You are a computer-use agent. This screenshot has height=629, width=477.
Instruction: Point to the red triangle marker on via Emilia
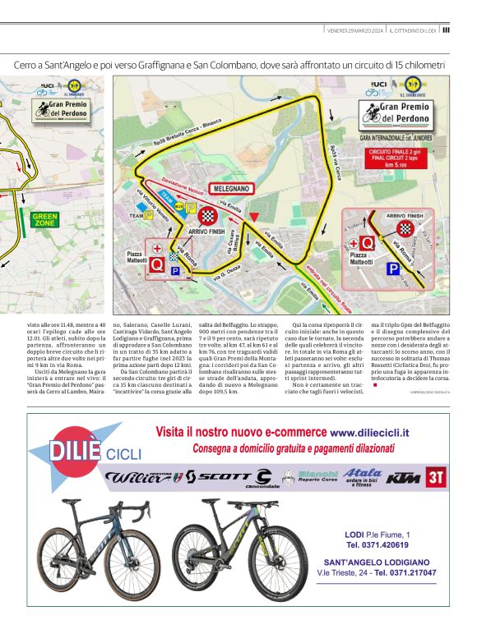[x=255, y=218]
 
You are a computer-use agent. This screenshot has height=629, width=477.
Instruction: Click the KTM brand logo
[x=403, y=477]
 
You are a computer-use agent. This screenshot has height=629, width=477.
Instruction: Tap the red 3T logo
[x=437, y=476]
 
